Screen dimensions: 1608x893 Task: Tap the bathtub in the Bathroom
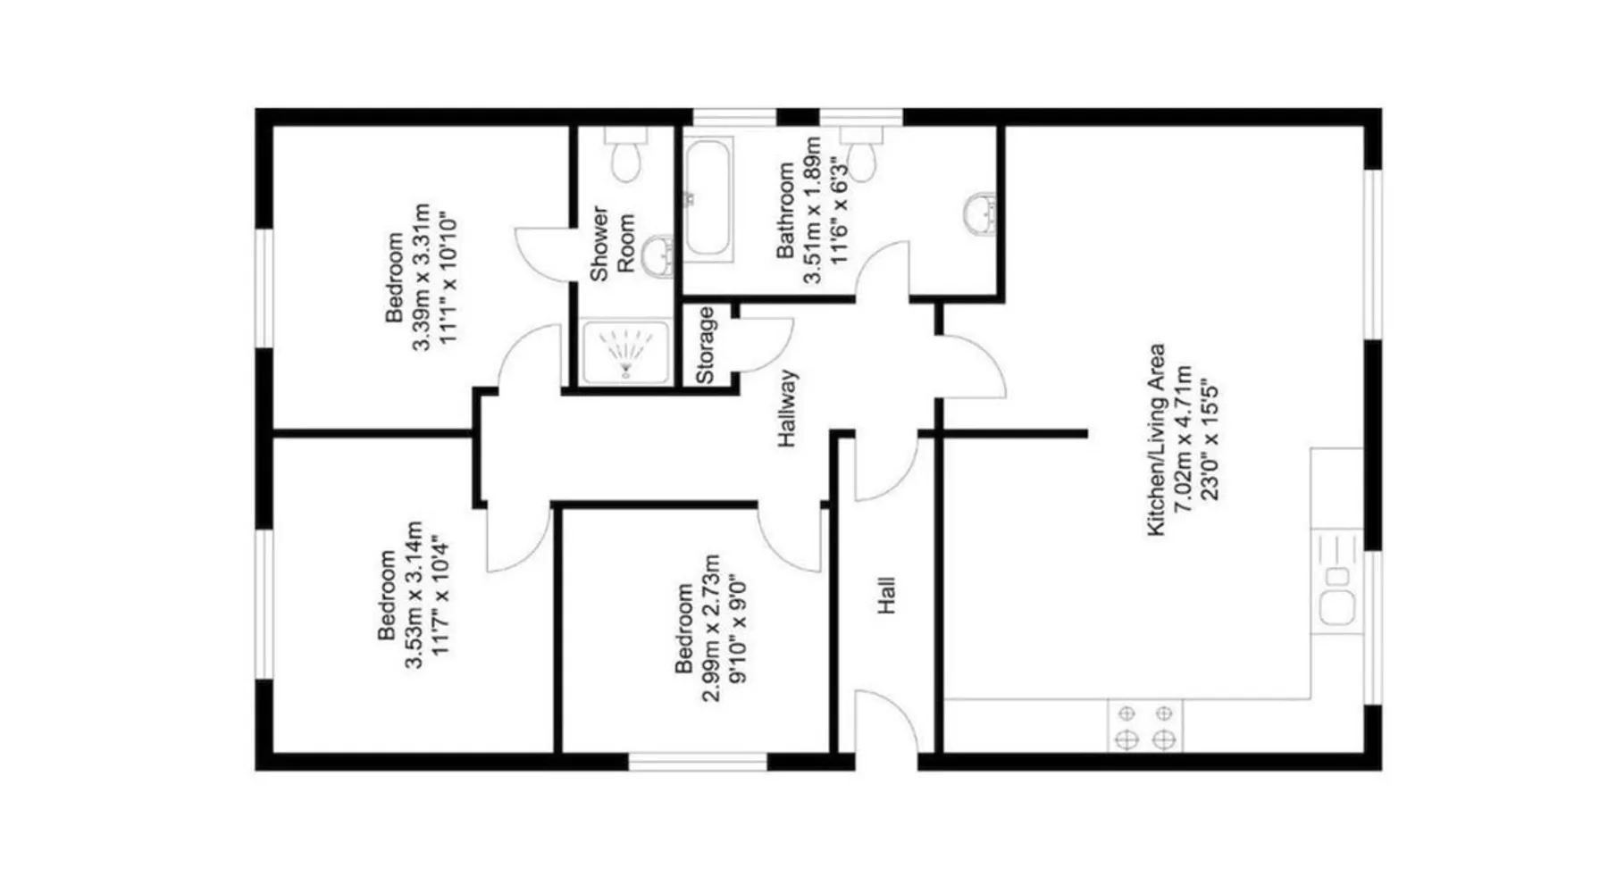708,198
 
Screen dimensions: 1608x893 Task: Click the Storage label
705,346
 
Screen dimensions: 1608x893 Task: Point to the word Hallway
787,408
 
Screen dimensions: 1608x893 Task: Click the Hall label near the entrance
885,596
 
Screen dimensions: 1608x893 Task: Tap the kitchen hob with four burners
1145,726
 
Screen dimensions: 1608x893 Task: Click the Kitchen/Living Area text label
1156,440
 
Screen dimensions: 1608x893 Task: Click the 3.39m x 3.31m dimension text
421,279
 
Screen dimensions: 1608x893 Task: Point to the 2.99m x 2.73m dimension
711,629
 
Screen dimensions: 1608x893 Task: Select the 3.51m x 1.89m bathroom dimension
812,211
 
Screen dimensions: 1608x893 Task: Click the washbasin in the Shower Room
660,256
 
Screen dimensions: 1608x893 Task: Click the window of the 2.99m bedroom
698,762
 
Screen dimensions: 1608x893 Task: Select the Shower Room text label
612,244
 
